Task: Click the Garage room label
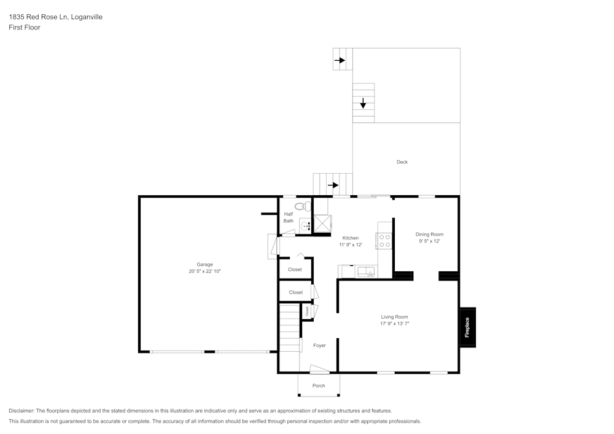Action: pyautogui.click(x=204, y=265)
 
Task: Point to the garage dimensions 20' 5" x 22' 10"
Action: pyautogui.click(x=204, y=271)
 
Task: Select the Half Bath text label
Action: pyautogui.click(x=288, y=217)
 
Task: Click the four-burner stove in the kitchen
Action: pyautogui.click(x=384, y=241)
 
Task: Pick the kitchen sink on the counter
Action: pyautogui.click(x=365, y=271)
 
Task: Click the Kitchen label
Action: pyautogui.click(x=350, y=238)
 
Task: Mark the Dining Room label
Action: pyautogui.click(x=429, y=234)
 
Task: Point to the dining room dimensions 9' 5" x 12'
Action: pyautogui.click(x=429, y=241)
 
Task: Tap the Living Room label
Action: pyautogui.click(x=394, y=317)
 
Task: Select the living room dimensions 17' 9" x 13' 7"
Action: pyautogui.click(x=394, y=324)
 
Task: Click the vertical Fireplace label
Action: pyautogui.click(x=467, y=327)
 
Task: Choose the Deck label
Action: pyautogui.click(x=402, y=162)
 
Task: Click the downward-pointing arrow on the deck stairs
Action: pyautogui.click(x=363, y=103)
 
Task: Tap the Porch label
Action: pyautogui.click(x=319, y=386)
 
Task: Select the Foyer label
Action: pyautogui.click(x=319, y=346)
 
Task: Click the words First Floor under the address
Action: pyautogui.click(x=25, y=28)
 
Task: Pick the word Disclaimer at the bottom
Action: pyautogui.click(x=21, y=411)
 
